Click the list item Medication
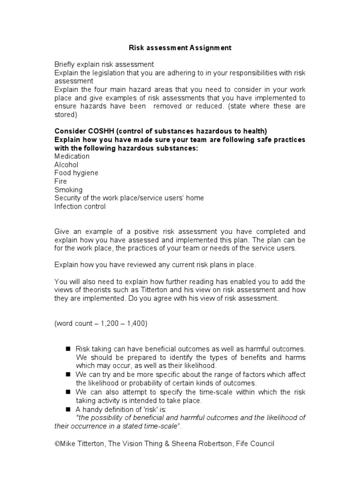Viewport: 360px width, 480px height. (72, 157)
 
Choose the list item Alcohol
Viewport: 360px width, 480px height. (67, 165)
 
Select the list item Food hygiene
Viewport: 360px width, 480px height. (76, 173)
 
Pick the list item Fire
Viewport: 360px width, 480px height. (60, 181)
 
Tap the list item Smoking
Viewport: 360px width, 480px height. (68, 190)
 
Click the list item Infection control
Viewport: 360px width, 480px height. (80, 206)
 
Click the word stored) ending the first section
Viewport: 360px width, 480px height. (66, 114)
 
